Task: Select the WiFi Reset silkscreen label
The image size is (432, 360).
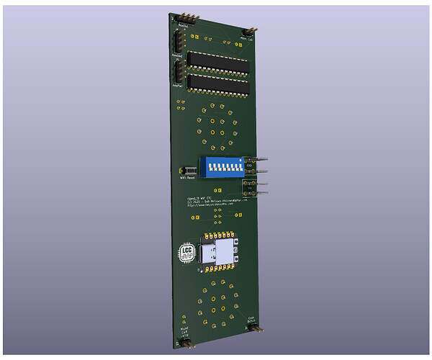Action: (188, 178)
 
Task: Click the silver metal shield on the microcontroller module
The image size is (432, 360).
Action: (227, 253)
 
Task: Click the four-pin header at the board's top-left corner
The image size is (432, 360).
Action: (184, 17)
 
